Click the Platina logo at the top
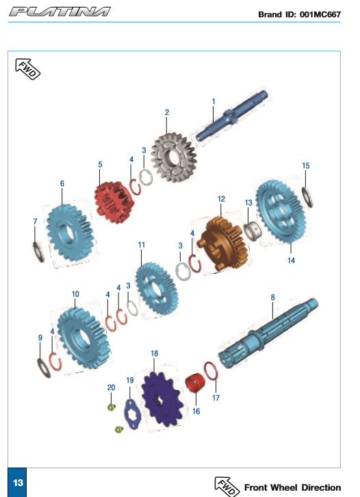click(x=60, y=12)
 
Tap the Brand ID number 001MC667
click(x=320, y=14)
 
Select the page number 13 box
click(x=17, y=482)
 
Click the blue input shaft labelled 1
click(x=232, y=116)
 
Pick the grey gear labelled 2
click(x=174, y=157)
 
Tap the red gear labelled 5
click(x=113, y=202)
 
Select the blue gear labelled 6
click(x=70, y=233)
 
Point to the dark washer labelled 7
click(x=38, y=252)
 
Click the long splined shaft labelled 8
click(x=268, y=333)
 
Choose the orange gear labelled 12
click(x=223, y=244)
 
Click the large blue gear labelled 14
click(x=281, y=211)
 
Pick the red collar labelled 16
click(x=195, y=383)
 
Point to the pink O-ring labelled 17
click(x=211, y=371)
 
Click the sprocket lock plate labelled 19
click(x=131, y=413)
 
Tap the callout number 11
click(x=142, y=245)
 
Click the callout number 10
click(x=75, y=294)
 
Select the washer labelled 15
click(x=307, y=197)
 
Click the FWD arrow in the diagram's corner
click(x=27, y=68)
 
